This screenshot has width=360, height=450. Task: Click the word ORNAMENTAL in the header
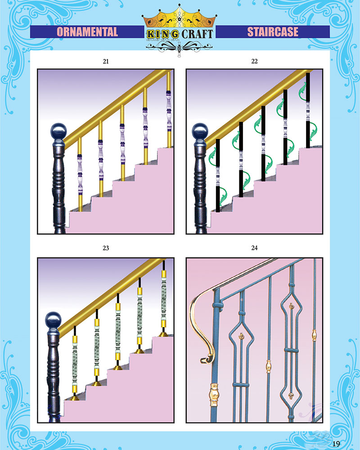[87, 32]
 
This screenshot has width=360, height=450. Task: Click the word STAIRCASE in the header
[273, 32]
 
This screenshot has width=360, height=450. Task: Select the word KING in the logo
[162, 35]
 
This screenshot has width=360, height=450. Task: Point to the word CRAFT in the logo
[197, 34]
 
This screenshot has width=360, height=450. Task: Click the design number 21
[106, 61]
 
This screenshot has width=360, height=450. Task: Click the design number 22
[254, 61]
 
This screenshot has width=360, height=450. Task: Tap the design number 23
[106, 248]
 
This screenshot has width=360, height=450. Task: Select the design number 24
[254, 248]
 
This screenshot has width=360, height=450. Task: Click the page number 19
[336, 444]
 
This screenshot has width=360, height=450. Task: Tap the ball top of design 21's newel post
[58, 132]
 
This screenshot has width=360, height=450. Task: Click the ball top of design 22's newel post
[200, 132]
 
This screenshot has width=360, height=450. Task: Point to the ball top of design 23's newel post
[54, 320]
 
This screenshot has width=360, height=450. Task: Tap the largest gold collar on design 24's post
[214, 395]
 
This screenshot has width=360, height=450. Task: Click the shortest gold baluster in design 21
[80, 175]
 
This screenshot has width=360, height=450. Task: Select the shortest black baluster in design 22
[218, 175]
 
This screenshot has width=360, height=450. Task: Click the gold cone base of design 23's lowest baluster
[75, 398]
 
